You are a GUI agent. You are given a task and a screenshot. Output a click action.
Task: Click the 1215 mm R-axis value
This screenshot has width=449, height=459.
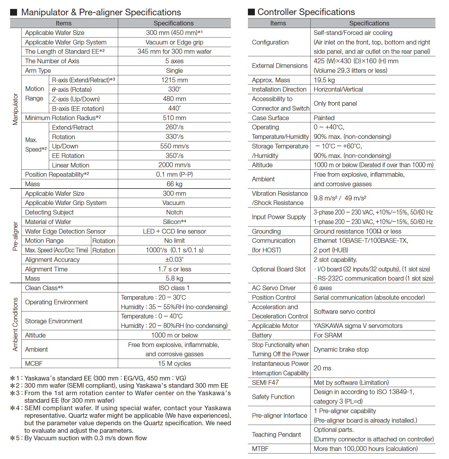(x=174, y=80)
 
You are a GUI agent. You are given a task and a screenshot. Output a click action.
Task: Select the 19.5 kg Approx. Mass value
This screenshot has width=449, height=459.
(x=324, y=80)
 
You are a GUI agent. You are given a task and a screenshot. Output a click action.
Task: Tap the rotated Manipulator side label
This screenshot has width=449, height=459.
(x=15, y=109)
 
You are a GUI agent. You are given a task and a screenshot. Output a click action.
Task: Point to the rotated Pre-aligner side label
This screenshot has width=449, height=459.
(x=15, y=236)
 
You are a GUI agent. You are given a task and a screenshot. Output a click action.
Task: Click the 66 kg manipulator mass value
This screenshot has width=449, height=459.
(x=174, y=184)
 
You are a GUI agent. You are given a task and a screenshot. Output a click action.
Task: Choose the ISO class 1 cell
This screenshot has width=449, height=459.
(x=174, y=288)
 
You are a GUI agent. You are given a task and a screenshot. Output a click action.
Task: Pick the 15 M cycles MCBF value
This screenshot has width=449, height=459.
(x=174, y=363)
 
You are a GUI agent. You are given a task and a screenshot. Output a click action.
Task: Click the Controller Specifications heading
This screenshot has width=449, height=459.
(x=306, y=12)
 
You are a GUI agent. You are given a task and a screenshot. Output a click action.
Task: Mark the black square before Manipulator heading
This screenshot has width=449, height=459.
(x=14, y=12)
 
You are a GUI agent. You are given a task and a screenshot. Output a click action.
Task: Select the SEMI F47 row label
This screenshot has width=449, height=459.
(x=265, y=382)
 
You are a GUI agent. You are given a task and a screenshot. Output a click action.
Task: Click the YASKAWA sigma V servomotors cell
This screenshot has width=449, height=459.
(x=358, y=326)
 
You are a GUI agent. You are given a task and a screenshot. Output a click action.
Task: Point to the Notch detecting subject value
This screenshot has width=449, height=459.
(x=174, y=212)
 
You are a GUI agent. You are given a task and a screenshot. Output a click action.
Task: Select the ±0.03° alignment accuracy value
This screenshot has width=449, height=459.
(x=174, y=260)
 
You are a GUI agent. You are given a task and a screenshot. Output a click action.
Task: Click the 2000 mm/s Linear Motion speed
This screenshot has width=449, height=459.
(x=174, y=165)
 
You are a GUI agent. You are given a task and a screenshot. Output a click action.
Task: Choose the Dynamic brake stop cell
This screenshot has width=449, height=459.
(x=341, y=349)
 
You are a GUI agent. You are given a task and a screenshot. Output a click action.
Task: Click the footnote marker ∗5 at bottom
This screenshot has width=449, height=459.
(x=15, y=438)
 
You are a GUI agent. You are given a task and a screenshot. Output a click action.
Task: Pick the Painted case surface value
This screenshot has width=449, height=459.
(x=324, y=118)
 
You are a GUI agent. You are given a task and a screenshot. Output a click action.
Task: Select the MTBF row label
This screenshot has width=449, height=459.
(x=260, y=449)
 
